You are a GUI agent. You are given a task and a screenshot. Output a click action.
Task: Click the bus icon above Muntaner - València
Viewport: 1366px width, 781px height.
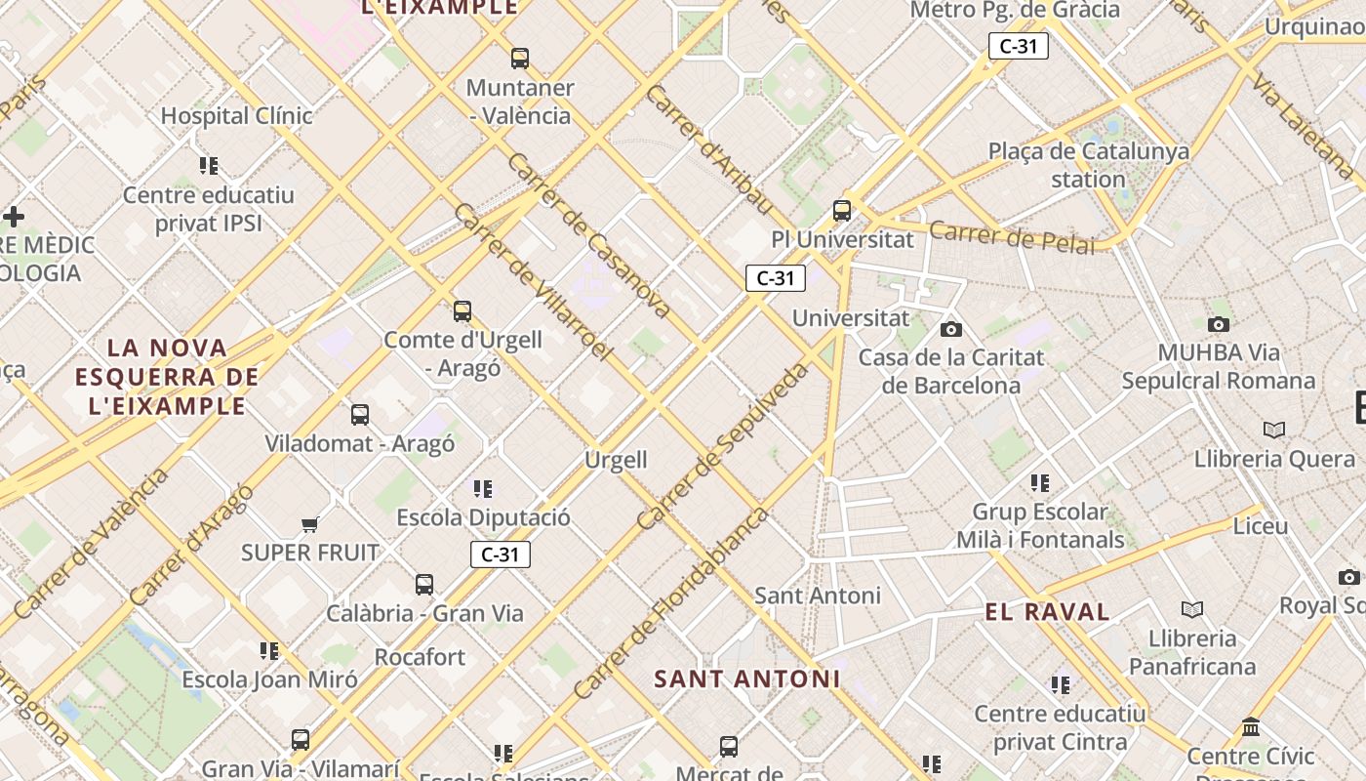(520, 59)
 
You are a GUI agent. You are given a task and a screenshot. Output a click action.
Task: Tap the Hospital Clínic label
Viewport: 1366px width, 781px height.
(236, 115)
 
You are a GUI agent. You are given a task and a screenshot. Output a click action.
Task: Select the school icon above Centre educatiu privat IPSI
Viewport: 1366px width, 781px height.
(209, 166)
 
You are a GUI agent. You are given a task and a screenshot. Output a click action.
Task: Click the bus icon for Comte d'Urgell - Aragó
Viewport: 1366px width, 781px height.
(462, 311)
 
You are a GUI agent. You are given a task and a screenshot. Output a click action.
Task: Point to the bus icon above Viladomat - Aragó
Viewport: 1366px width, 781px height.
(360, 415)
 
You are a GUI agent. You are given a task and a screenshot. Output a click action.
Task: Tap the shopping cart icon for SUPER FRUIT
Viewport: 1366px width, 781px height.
(310, 525)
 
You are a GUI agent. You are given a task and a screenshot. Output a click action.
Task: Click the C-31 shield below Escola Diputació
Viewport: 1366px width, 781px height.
(501, 555)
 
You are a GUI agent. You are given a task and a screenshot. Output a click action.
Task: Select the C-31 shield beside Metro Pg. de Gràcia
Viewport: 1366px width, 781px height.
(1018, 46)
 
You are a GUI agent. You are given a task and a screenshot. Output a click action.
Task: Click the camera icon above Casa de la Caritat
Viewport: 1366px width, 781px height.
(951, 329)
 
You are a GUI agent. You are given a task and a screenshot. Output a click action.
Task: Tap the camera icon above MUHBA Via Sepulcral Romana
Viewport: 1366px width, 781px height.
(1219, 324)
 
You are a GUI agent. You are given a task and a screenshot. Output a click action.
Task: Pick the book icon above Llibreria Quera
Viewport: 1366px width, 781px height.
(1273, 430)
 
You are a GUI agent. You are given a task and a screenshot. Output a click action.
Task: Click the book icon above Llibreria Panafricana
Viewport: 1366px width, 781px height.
(1191, 610)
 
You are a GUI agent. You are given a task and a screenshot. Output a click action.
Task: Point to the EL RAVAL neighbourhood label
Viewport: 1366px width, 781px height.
(1047, 612)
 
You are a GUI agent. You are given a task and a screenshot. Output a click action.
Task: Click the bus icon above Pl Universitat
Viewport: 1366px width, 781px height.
(842, 210)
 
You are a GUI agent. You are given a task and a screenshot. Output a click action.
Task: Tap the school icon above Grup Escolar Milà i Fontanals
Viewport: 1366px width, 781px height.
(1040, 483)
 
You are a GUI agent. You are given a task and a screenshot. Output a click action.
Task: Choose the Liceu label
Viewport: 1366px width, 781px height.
(1261, 525)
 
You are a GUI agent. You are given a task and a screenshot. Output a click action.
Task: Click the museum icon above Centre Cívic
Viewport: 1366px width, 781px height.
(1251, 727)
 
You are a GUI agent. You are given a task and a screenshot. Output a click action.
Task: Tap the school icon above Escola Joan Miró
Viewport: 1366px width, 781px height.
(269, 650)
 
